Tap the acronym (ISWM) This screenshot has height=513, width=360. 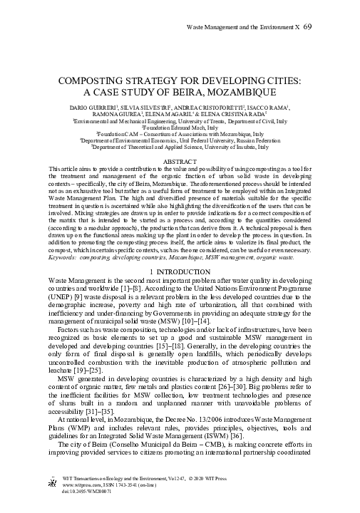point(223,425)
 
